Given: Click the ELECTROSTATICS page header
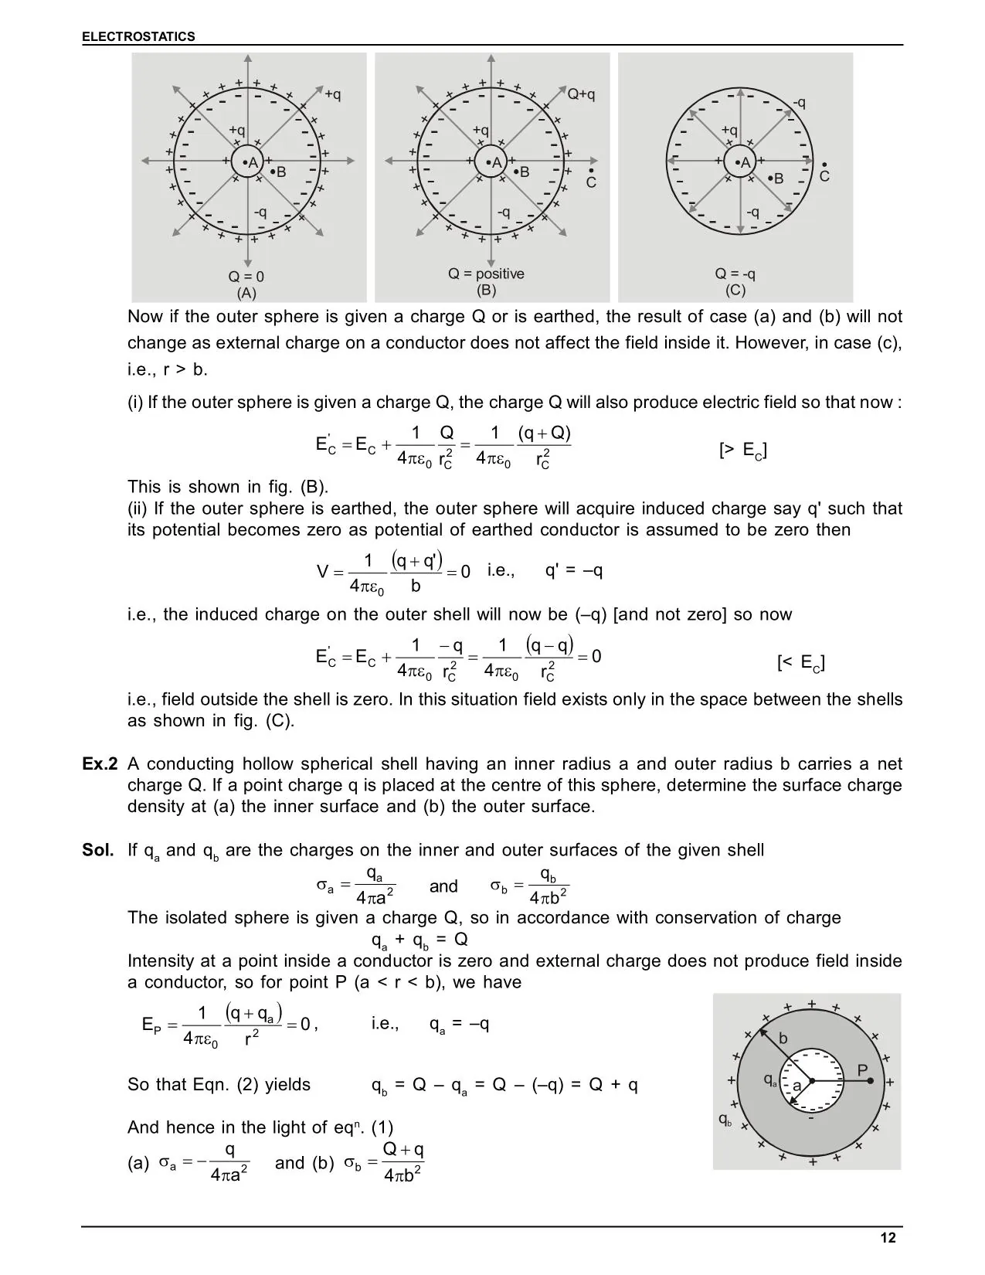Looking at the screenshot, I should (x=139, y=36).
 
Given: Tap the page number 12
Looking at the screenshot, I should (x=888, y=1238).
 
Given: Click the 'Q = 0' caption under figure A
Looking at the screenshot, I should (x=246, y=277).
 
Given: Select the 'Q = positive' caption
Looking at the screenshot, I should (x=486, y=274).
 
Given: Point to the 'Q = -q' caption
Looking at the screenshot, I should (x=735, y=274).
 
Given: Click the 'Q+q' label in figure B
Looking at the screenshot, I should (x=581, y=94).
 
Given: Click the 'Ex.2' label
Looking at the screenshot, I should (x=100, y=764).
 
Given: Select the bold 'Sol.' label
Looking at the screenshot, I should (x=98, y=850).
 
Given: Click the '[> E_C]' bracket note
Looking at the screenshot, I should (x=742, y=450).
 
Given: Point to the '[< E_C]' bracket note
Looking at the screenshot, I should (x=800, y=662).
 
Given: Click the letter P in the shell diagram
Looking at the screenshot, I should (x=863, y=1069).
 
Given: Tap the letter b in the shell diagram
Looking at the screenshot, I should (x=783, y=1039).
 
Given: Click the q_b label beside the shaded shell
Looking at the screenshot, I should (x=725, y=1119).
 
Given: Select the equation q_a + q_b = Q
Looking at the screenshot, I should (x=419, y=940).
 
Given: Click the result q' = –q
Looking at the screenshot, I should (x=574, y=570).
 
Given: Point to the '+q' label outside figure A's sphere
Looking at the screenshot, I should (x=332, y=94).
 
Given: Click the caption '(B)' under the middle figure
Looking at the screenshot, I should (x=486, y=291).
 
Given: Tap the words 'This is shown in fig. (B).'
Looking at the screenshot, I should (x=228, y=487).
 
